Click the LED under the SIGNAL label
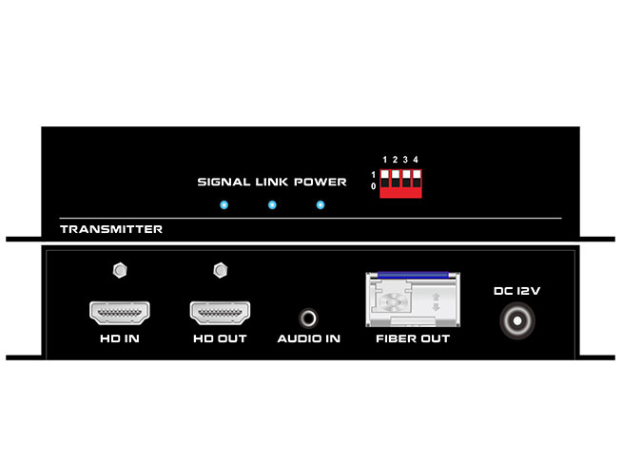click(224, 205)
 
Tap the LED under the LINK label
click(272, 205)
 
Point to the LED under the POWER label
click(321, 205)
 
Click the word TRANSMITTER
click(111, 229)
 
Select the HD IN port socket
click(120, 313)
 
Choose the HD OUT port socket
click(220, 313)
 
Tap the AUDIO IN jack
click(308, 319)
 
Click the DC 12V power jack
click(517, 320)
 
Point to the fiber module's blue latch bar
click(413, 275)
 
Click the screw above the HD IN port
click(120, 271)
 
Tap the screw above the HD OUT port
click(220, 271)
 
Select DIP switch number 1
click(384, 179)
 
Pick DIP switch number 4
click(416, 179)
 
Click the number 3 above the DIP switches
click(405, 160)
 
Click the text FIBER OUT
click(413, 338)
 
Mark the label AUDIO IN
click(309, 338)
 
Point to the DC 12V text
click(516, 291)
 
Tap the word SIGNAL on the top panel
click(224, 182)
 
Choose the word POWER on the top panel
click(321, 182)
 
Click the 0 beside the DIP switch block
click(373, 186)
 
